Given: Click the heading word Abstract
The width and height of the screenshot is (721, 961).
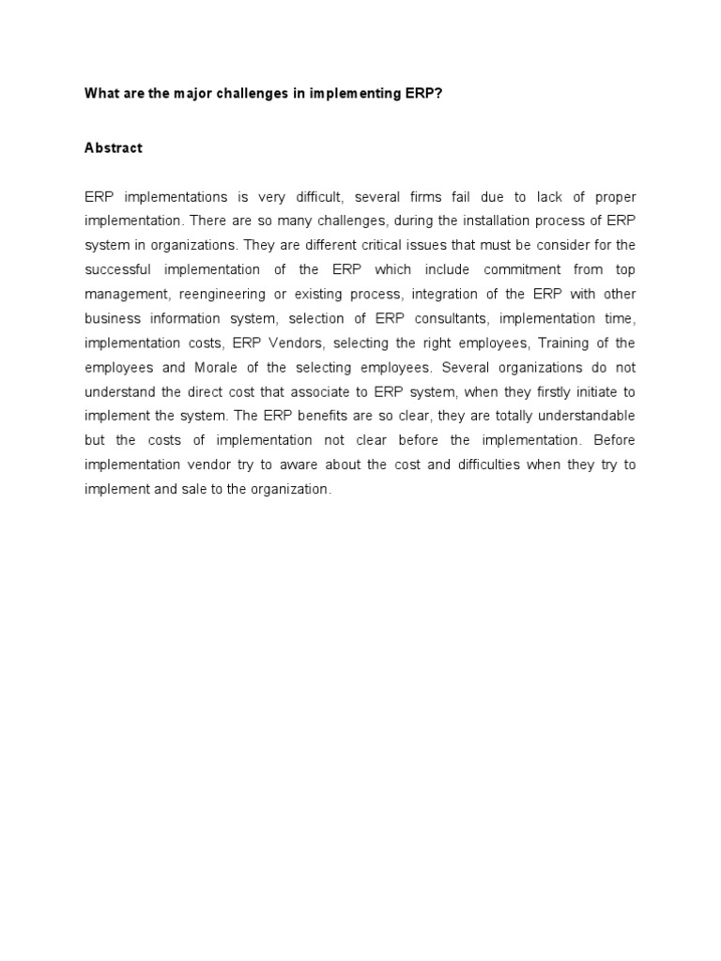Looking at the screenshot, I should tap(114, 148).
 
